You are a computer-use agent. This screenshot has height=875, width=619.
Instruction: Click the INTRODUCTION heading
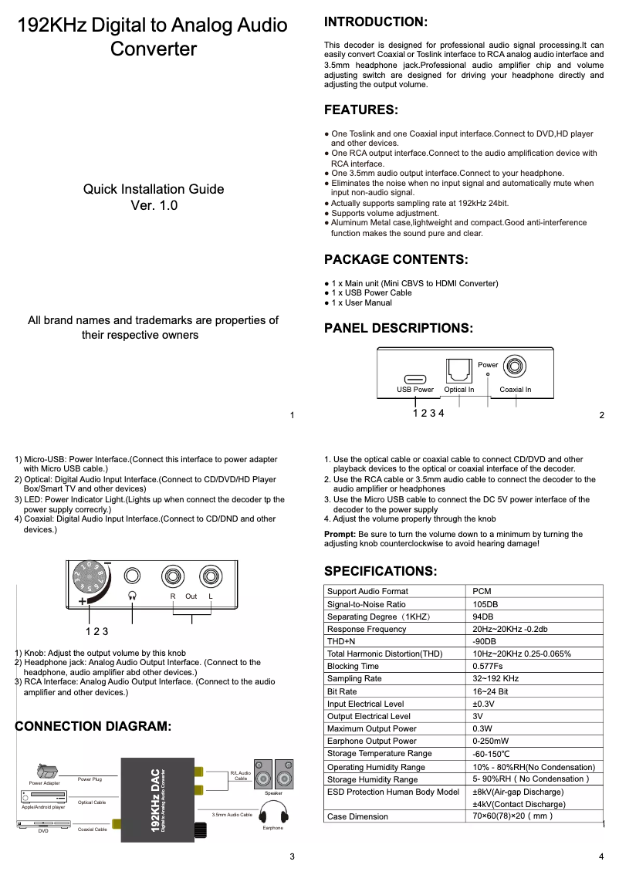click(375, 22)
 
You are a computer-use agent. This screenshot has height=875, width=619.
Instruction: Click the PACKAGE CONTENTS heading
click(395, 259)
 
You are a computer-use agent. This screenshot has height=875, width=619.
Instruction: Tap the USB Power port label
click(415, 390)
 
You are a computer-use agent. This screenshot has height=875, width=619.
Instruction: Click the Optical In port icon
click(458, 373)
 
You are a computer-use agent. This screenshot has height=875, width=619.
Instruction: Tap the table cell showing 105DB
click(485, 604)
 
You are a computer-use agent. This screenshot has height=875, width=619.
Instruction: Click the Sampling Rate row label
click(354, 679)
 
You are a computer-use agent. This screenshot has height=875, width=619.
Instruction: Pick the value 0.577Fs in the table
click(488, 666)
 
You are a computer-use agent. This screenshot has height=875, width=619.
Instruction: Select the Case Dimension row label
click(357, 816)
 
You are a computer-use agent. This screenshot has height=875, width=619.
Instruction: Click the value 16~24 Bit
click(490, 691)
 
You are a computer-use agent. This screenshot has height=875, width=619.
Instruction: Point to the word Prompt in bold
click(340, 534)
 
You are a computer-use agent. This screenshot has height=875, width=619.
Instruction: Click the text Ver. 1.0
click(154, 205)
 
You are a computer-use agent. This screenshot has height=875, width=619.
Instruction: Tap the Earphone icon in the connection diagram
click(273, 812)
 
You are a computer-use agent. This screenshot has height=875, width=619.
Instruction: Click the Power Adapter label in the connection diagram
click(44, 783)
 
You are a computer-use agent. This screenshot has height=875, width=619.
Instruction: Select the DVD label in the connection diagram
click(43, 831)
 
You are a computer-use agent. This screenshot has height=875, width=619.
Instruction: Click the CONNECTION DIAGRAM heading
click(93, 727)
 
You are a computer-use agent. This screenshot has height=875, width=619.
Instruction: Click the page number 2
click(601, 416)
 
